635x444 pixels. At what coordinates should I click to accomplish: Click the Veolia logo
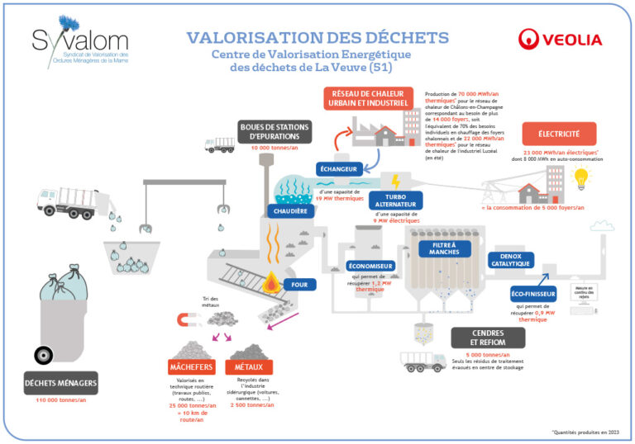click(561, 39)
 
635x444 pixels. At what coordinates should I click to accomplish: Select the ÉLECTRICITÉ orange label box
click(559, 133)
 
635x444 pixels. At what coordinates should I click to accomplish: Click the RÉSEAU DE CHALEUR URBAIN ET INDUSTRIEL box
click(368, 97)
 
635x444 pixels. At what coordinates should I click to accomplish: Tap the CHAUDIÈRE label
click(290, 211)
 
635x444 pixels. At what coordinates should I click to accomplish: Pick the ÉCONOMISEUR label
click(370, 267)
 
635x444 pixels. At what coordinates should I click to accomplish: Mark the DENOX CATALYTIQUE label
click(510, 261)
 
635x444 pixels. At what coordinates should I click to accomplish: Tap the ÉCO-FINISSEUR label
click(533, 293)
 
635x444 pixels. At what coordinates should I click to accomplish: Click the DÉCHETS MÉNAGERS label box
click(61, 382)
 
